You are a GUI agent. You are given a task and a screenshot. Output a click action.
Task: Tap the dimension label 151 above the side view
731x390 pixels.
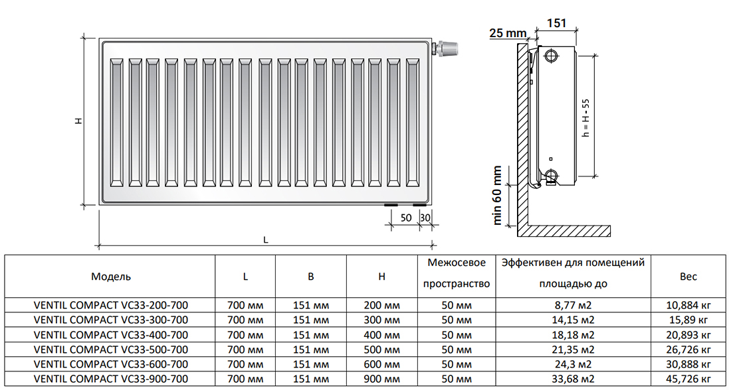(x=556, y=23)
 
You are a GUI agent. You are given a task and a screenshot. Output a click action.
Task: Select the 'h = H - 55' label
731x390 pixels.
(x=585, y=118)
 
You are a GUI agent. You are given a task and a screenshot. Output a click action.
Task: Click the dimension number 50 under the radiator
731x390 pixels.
(x=405, y=218)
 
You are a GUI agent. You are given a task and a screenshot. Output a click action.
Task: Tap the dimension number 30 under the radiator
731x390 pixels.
(x=425, y=218)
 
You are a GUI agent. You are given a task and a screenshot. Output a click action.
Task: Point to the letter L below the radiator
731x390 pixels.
(x=266, y=239)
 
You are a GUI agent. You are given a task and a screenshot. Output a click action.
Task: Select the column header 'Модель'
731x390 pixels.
(x=111, y=277)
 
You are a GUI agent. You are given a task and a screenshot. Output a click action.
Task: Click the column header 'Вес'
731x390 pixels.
(x=688, y=277)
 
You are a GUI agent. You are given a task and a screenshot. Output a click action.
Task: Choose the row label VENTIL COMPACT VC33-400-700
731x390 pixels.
(x=110, y=335)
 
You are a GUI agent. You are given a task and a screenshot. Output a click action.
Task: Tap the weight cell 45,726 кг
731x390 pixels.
(x=688, y=379)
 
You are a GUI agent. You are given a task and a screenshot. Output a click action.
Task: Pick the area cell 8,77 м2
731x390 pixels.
(x=574, y=306)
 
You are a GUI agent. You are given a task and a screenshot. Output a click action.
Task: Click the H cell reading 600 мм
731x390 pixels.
(x=381, y=364)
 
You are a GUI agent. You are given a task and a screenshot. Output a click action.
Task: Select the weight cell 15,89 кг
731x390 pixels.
(x=688, y=320)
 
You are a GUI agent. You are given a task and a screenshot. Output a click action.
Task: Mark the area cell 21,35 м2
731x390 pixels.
(x=574, y=350)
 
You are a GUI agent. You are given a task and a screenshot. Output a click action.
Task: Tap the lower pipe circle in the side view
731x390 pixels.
(x=552, y=176)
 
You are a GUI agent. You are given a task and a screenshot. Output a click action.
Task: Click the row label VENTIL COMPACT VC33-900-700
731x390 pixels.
(x=110, y=379)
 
